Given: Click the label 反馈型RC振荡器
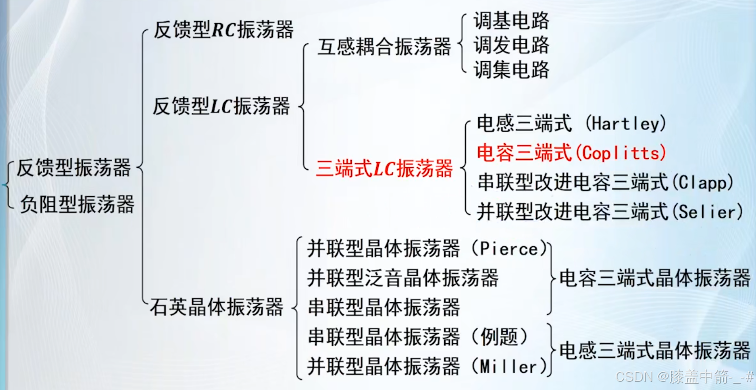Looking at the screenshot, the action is click(223, 30).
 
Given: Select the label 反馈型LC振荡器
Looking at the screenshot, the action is click(221, 106).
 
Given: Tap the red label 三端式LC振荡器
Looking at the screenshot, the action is click(384, 169).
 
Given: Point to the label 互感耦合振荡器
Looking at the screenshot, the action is click(384, 47).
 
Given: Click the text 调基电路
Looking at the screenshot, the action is click(511, 21).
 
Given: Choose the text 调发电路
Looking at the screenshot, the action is click(511, 45).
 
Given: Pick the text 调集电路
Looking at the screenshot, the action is click(511, 70).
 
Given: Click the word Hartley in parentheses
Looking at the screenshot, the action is click(625, 124).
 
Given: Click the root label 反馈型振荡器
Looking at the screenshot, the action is click(74, 168).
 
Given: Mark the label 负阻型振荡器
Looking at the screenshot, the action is click(77, 204).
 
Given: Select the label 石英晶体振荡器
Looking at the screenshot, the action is click(217, 307).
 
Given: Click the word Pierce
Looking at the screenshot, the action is click(509, 249).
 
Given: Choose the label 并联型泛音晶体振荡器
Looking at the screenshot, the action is click(403, 278).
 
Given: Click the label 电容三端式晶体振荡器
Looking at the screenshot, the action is click(654, 278).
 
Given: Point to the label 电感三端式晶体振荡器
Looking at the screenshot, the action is click(654, 350).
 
